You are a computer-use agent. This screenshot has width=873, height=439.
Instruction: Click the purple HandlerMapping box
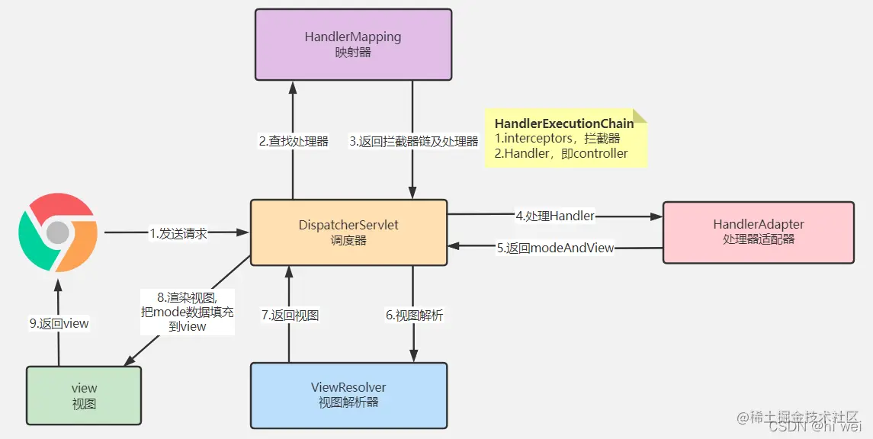tap(353, 44)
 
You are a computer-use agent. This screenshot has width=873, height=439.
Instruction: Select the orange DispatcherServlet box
tap(348, 232)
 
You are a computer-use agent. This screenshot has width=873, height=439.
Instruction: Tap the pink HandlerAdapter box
tap(758, 232)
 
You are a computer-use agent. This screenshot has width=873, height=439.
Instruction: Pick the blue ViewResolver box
tap(348, 395)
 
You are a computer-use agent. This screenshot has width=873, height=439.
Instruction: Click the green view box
tap(84, 396)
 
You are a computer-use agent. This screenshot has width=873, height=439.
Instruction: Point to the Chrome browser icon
tap(58, 232)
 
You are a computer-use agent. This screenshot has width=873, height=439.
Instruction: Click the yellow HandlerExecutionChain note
tap(565, 138)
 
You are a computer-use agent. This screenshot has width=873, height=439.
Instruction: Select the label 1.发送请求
tap(178, 233)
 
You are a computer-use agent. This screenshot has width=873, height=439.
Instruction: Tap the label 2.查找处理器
tap(294, 141)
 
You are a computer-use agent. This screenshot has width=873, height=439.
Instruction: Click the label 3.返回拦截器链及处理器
tap(413, 141)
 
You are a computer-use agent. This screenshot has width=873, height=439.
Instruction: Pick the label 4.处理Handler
tap(555, 216)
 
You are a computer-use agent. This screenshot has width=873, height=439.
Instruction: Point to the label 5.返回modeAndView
tap(555, 248)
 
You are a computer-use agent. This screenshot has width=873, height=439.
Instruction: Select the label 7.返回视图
tap(290, 315)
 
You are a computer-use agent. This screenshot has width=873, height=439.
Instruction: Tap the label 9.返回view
tap(59, 323)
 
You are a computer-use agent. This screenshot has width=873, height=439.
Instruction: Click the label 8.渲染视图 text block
tap(187, 312)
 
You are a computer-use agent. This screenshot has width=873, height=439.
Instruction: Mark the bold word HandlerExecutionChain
tap(563, 123)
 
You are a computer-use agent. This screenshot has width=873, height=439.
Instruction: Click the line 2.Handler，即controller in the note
tap(561, 153)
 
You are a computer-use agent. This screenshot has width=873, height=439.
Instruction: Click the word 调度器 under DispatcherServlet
tap(348, 240)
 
